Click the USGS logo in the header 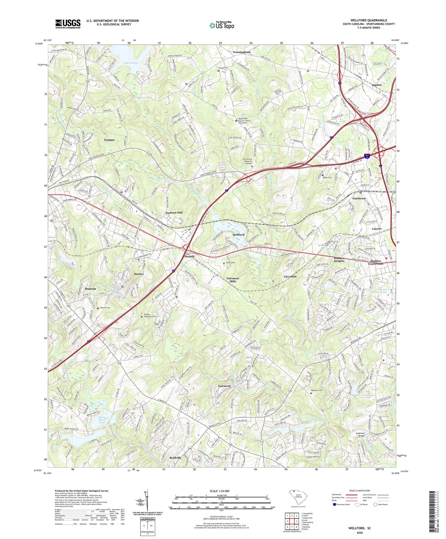68,24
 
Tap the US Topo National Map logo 222,25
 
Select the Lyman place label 109,140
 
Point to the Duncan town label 90,289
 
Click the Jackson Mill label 174,213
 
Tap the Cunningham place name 242,52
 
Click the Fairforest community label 359,198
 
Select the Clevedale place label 290,276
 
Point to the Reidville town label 175,458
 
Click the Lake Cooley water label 131,63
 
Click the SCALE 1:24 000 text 221,491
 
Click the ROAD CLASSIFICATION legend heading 360,491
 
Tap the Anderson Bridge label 360,435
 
